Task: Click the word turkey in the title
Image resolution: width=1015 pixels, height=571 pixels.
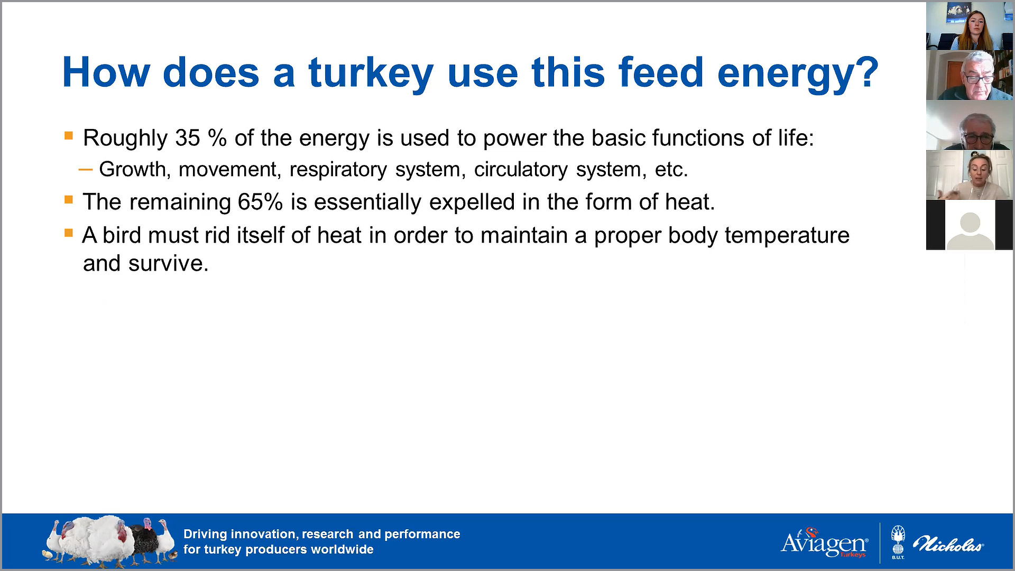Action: tap(371, 74)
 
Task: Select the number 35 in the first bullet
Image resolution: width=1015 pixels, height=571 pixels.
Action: tap(188, 138)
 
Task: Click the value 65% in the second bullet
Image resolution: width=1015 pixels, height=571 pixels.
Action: tap(260, 202)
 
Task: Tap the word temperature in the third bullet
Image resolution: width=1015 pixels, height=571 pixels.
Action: tap(787, 236)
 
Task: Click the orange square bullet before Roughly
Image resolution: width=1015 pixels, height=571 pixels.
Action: tap(68, 136)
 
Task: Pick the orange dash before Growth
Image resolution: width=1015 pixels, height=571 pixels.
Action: tap(85, 170)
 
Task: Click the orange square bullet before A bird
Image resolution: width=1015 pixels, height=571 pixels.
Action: tap(68, 233)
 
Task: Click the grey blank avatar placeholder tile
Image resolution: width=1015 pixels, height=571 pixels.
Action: tap(970, 225)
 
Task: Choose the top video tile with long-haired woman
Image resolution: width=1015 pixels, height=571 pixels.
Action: tap(970, 26)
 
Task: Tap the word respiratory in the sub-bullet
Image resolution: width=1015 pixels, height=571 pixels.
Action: tap(338, 170)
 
